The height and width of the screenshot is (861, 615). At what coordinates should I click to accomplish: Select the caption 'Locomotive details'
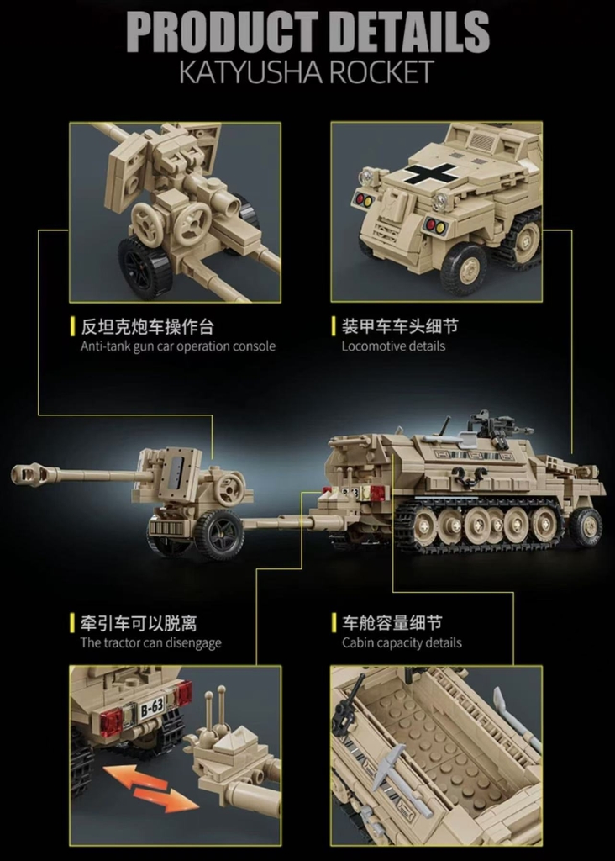(393, 346)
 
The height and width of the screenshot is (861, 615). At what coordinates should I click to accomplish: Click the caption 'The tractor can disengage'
(151, 643)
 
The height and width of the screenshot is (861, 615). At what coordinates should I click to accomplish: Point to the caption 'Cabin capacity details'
(402, 643)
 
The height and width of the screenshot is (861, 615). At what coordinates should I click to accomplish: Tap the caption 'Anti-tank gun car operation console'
(178, 346)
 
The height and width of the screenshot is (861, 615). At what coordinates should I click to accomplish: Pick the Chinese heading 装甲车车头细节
(400, 327)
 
